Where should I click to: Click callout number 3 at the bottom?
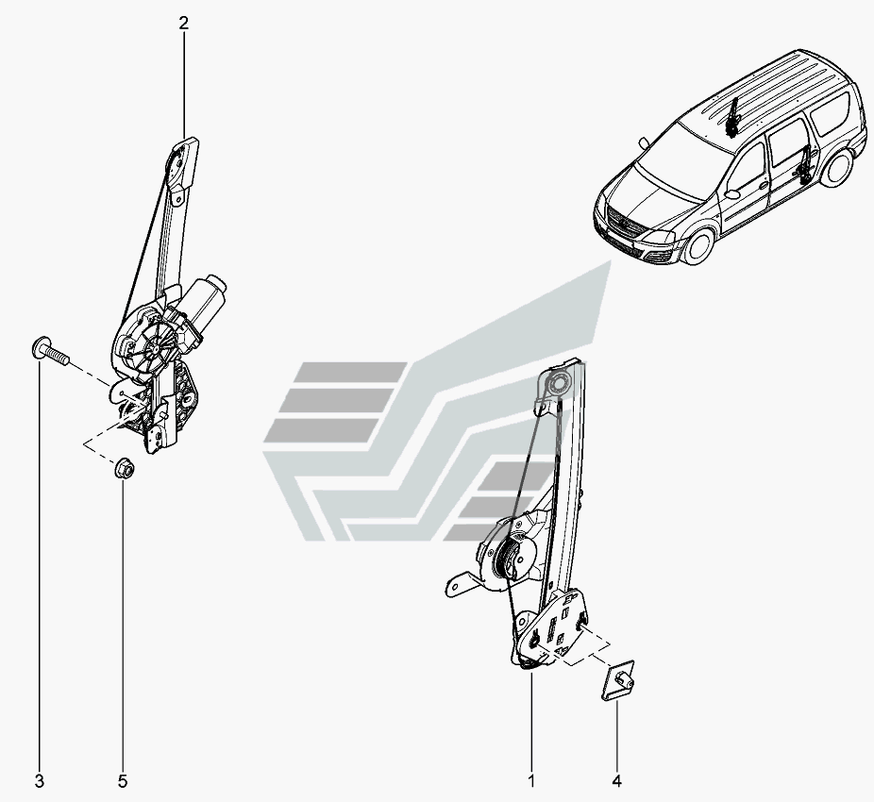39,780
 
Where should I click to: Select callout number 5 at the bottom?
123,780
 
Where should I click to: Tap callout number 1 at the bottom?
531,780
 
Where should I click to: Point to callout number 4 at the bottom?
617,780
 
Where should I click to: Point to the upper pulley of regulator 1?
556,384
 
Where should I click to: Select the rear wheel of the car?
836,171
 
